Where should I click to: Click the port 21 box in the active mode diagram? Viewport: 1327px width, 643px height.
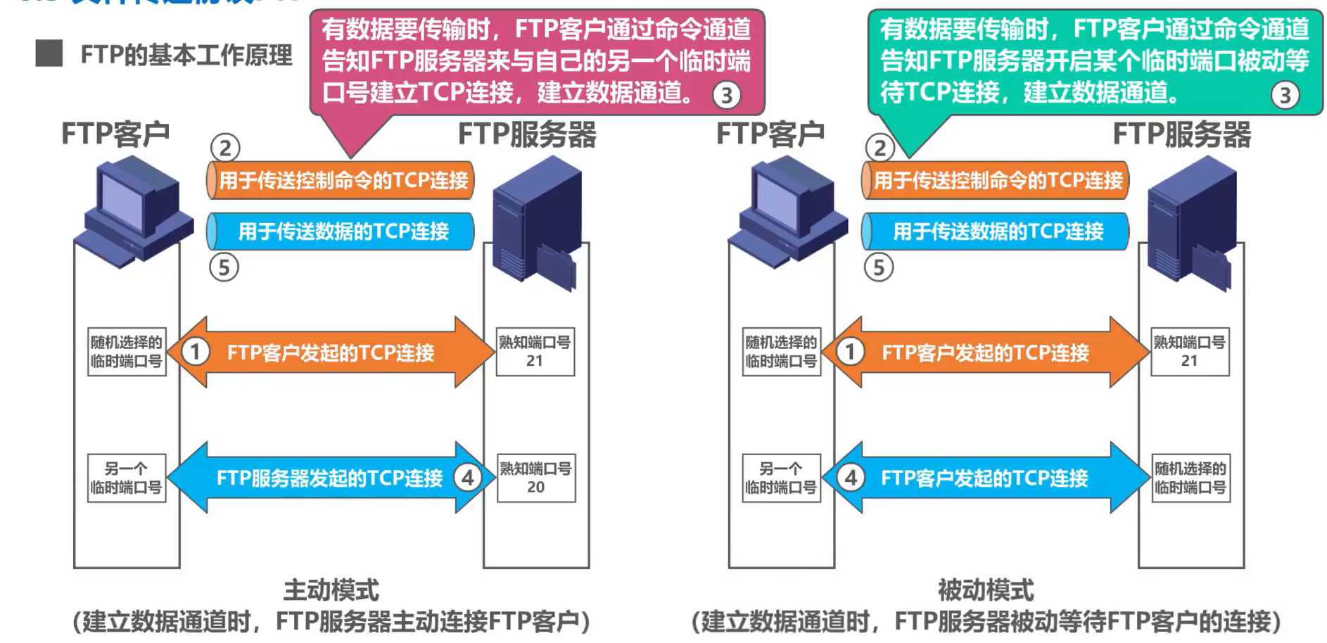pyautogui.click(x=535, y=351)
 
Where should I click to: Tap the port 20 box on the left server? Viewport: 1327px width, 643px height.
pyautogui.click(x=535, y=478)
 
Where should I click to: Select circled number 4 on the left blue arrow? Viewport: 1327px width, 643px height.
pyautogui.click(x=468, y=478)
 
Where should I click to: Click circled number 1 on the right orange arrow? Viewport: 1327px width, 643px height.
pyautogui.click(x=851, y=351)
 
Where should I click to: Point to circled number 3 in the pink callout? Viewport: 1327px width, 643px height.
pyautogui.click(x=727, y=95)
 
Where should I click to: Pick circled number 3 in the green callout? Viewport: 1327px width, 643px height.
pyautogui.click(x=1285, y=95)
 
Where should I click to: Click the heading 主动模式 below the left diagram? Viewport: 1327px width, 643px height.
pyautogui.click(x=331, y=590)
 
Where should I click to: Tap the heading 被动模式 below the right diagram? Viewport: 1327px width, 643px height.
pyautogui.click(x=985, y=590)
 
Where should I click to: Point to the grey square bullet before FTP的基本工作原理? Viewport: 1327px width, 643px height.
pyautogui.click(x=49, y=53)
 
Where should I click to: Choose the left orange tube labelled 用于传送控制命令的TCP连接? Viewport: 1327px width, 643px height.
pyautogui.click(x=341, y=180)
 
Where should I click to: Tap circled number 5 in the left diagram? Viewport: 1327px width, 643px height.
pyautogui.click(x=224, y=267)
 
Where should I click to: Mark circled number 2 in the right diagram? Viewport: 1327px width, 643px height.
pyautogui.click(x=880, y=148)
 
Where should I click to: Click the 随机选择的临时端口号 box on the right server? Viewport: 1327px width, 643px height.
pyautogui.click(x=1190, y=478)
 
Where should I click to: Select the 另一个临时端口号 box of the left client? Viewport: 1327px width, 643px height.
pyautogui.click(x=127, y=478)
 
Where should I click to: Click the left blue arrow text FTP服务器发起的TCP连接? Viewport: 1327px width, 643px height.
pyautogui.click(x=329, y=478)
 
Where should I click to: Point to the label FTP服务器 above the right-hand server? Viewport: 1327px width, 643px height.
pyautogui.click(x=1181, y=134)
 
